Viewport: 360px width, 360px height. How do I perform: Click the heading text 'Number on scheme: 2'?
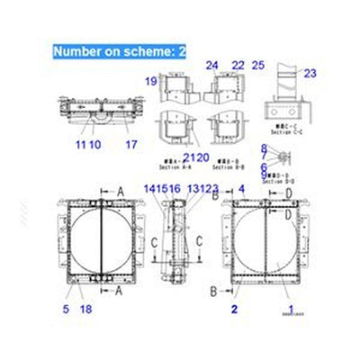[x=119, y=52]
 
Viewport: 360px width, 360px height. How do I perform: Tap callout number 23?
[x=310, y=74]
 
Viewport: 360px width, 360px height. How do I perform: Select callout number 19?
[x=153, y=82]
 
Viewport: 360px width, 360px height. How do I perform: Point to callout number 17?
[x=131, y=144]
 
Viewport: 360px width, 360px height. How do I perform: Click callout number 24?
[x=211, y=65]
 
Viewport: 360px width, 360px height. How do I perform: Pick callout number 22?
[x=238, y=65]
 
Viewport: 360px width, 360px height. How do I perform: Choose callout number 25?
[x=258, y=65]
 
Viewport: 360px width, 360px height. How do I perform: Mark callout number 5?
[x=66, y=310]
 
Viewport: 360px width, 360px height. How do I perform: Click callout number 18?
[x=86, y=310]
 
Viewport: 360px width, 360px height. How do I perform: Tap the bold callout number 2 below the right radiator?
[x=233, y=310]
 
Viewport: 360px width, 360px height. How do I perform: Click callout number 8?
[x=264, y=148]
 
